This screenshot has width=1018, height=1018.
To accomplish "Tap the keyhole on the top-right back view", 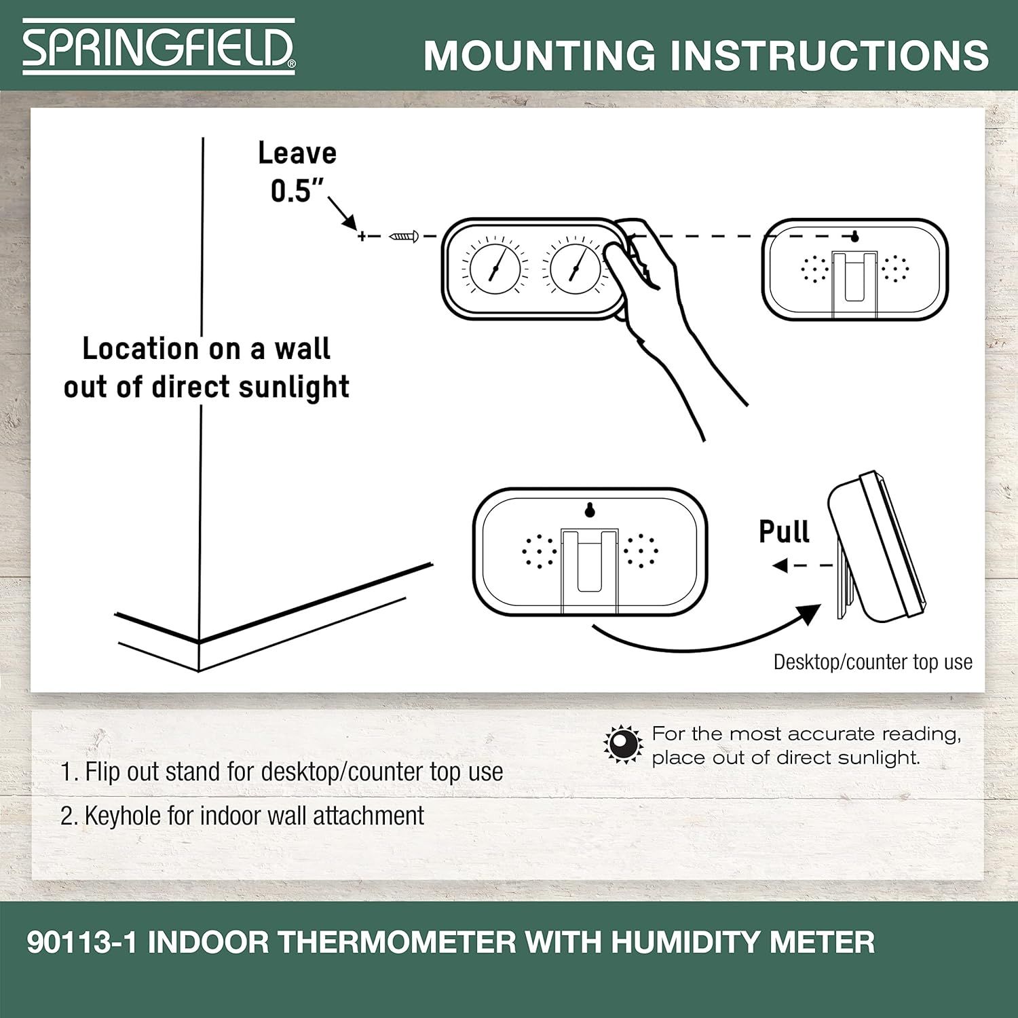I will pos(855,236).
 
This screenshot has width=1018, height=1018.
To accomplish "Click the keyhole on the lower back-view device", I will pos(590,509).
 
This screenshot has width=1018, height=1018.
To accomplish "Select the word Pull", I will pos(784,531).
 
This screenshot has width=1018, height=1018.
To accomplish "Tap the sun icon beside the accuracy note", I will pos(623,744).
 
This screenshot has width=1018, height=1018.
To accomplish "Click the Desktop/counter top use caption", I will pos(873,662).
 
